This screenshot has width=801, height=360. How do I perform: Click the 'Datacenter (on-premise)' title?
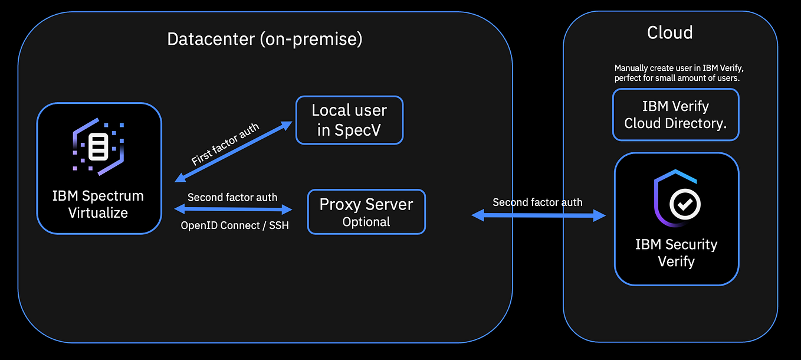264,39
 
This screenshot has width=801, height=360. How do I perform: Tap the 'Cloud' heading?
669,32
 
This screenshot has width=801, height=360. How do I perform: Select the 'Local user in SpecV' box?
349,120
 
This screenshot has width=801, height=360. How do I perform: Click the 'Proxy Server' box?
366,211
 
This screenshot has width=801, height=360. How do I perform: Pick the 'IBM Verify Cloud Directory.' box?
675,114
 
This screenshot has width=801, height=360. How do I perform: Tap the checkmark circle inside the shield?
685,204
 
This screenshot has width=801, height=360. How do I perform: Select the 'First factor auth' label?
225,145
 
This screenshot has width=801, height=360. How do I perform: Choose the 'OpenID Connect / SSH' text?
234,225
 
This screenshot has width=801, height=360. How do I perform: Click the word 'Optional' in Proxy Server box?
366,222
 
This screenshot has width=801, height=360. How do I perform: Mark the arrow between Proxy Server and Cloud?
538,216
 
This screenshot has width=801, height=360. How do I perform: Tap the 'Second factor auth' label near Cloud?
537,202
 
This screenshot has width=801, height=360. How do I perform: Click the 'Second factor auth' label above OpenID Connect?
232,197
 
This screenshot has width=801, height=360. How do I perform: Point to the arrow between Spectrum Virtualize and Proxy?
234,209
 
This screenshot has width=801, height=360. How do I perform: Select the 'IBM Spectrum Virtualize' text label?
98,204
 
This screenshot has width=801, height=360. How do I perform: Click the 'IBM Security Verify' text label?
676,253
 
